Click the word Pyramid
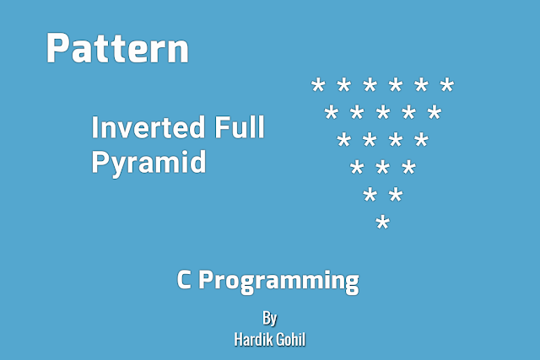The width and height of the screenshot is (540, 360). [x=148, y=161]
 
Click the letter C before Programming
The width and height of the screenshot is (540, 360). [x=185, y=280]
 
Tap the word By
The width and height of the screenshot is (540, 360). [x=269, y=318]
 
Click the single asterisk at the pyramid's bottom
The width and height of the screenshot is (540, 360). [x=382, y=224]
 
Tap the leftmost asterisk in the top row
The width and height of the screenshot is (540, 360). [x=318, y=86]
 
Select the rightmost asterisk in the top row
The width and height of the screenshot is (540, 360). [x=447, y=86]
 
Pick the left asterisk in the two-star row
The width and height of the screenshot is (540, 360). [x=370, y=196]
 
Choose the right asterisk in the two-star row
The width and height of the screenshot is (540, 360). [x=395, y=196]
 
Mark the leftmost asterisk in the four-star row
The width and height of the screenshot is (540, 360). [x=343, y=141]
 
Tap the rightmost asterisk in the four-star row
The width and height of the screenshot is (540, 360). [x=421, y=141]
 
